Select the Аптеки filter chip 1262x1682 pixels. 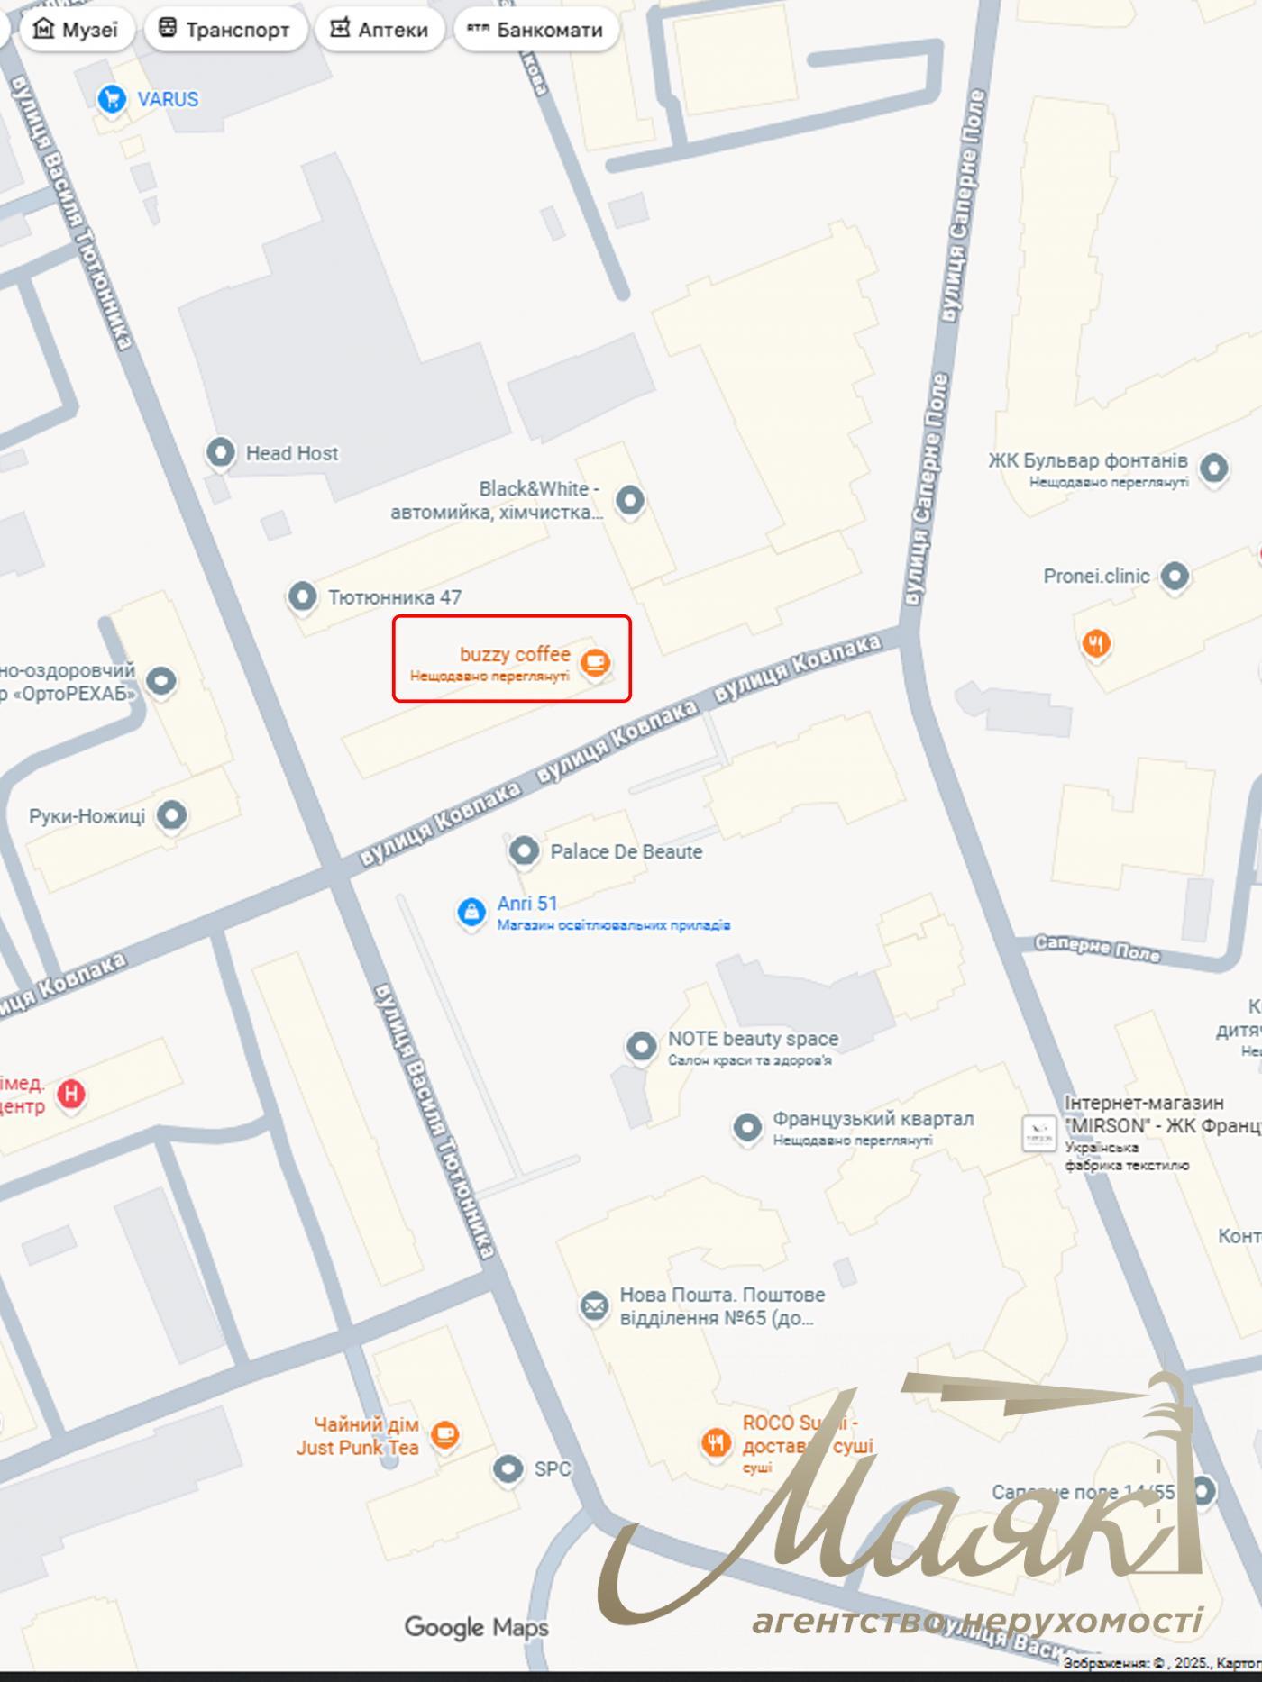380,30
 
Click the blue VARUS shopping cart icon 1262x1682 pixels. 112,99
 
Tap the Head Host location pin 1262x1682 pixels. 220,452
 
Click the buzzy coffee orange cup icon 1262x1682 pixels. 595,663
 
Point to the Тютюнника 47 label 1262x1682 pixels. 394,597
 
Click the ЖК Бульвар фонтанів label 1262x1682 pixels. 1087,461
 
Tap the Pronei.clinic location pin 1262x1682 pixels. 1174,576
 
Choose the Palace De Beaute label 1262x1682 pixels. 626,851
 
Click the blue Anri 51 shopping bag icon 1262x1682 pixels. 471,912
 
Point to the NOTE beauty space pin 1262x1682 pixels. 641,1046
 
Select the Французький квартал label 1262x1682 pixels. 873,1119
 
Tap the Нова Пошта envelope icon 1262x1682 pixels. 593,1305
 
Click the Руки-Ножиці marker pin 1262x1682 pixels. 171,815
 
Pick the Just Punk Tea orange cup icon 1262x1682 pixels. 444,1433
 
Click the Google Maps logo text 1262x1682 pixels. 476,1627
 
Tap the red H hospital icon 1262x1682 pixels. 71,1094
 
